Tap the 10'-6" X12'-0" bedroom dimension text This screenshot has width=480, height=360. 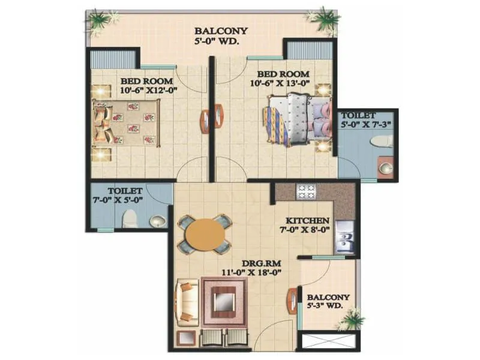146,91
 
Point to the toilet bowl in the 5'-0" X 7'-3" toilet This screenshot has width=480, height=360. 382,142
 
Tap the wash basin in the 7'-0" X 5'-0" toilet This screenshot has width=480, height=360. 157,222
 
